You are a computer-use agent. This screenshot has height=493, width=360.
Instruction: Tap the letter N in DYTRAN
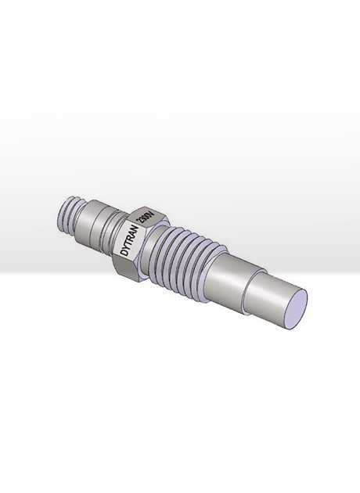137,229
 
